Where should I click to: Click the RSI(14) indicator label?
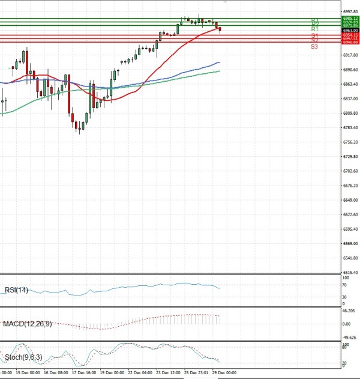(17, 291)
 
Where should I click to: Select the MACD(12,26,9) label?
(27, 324)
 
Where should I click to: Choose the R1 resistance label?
(314, 29)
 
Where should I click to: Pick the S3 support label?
(314, 46)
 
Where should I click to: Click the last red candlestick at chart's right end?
(220, 29)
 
